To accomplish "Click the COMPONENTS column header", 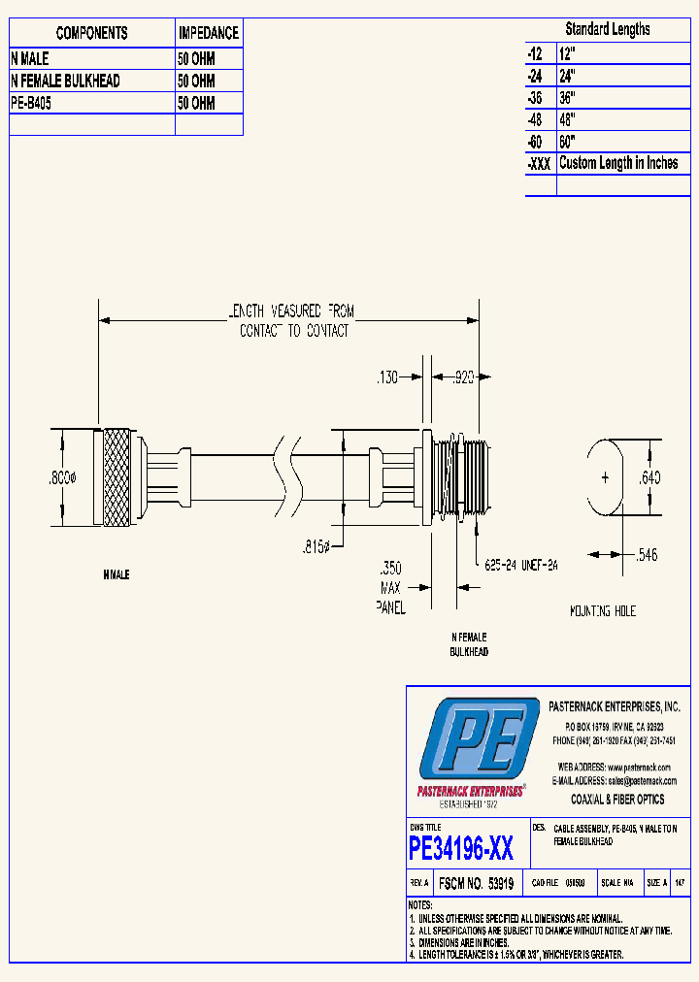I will pyautogui.click(x=92, y=33).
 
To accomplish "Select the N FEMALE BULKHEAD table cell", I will pyautogui.click(x=65, y=82).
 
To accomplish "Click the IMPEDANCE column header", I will pyautogui.click(x=209, y=33).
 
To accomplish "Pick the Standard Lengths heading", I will pyautogui.click(x=608, y=29).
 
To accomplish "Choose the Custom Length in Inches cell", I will pyautogui.click(x=618, y=163).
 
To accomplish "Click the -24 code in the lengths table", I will pyautogui.click(x=535, y=74).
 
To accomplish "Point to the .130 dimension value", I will pyautogui.click(x=387, y=378).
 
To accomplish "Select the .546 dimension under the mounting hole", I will pyautogui.click(x=648, y=555).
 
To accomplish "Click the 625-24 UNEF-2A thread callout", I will pyautogui.click(x=520, y=564).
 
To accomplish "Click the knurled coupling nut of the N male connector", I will pyautogui.click(x=116, y=476).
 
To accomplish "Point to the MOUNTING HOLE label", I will pyautogui.click(x=603, y=611).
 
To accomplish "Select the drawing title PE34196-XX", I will pyautogui.click(x=461, y=850).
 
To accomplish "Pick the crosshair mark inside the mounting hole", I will pyautogui.click(x=605, y=477).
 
